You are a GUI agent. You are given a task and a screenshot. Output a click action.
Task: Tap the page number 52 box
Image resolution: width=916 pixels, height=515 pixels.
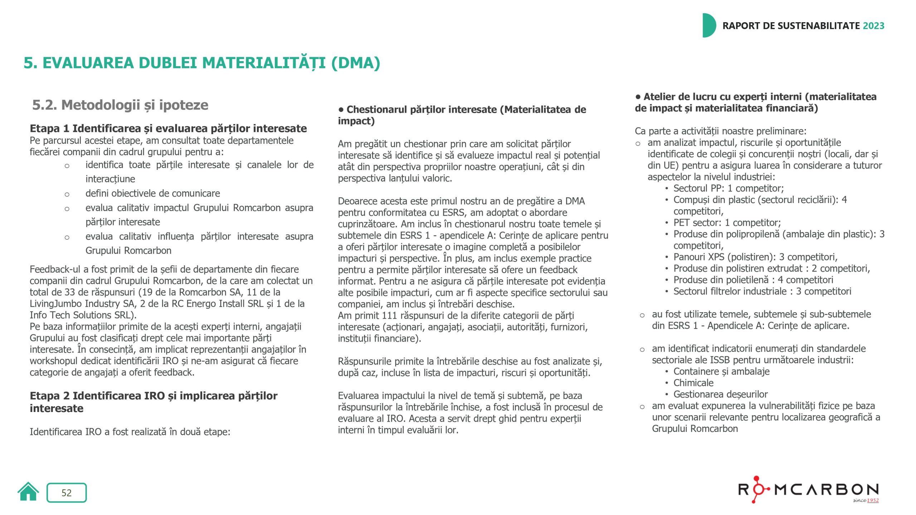(x=67, y=492)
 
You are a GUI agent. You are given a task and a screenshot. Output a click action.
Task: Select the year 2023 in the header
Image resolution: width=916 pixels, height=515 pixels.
(x=873, y=26)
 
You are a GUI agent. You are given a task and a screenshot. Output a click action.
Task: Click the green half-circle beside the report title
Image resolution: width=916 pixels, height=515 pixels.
(x=709, y=25)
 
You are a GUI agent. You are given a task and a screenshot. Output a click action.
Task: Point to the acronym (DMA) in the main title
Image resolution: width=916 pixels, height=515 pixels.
(x=356, y=63)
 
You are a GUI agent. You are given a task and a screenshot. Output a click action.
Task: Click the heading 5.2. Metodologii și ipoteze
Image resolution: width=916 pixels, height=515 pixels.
(x=120, y=105)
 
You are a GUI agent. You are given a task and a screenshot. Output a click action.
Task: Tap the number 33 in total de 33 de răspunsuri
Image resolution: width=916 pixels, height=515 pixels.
(x=70, y=292)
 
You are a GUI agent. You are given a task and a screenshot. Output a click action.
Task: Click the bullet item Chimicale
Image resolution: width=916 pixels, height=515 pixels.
(x=693, y=383)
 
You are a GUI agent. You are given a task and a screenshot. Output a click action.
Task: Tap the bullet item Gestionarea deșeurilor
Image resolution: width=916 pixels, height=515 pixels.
(x=720, y=394)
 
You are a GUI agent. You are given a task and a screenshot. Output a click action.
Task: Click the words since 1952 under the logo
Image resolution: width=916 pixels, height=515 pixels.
(x=866, y=500)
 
